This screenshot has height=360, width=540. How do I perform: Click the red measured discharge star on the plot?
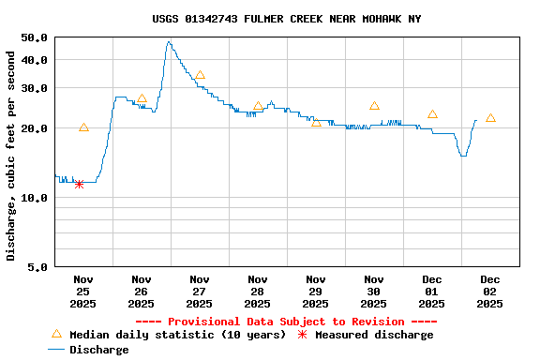(x=79, y=184)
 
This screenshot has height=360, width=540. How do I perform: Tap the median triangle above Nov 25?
(x=83, y=127)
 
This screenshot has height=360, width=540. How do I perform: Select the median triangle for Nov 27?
(x=200, y=75)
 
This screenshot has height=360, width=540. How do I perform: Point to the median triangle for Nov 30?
(x=374, y=106)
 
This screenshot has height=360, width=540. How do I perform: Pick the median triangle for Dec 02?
(x=490, y=117)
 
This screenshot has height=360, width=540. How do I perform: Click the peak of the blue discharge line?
(x=169, y=41)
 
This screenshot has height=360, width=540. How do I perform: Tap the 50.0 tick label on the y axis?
(x=34, y=37)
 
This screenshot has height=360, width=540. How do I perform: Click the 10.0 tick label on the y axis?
(x=34, y=198)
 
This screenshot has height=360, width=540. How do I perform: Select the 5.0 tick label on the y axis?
(x=37, y=267)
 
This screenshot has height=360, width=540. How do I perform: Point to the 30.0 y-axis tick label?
(x=34, y=88)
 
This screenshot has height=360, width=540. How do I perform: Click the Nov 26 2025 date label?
(x=142, y=291)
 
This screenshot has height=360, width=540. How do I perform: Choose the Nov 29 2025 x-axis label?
(x=316, y=291)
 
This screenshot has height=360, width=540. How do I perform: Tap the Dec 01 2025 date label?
(x=432, y=291)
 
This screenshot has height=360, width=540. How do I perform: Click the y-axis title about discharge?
(x=11, y=156)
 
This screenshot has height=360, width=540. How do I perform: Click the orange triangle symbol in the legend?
(x=56, y=334)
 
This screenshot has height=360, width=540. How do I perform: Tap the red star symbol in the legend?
(x=302, y=335)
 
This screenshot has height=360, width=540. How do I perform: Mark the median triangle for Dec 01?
(x=432, y=113)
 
